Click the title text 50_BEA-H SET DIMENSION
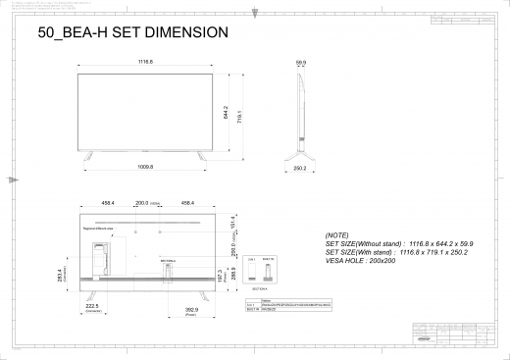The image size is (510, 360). [x=132, y=32]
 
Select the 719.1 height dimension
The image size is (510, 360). [x=239, y=115]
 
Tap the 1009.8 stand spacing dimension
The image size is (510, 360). [x=144, y=167]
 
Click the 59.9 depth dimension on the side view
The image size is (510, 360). [x=301, y=63]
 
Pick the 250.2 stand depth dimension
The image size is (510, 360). [x=301, y=168]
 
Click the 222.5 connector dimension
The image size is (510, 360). [x=93, y=306]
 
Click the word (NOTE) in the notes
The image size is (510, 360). [x=336, y=236]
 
